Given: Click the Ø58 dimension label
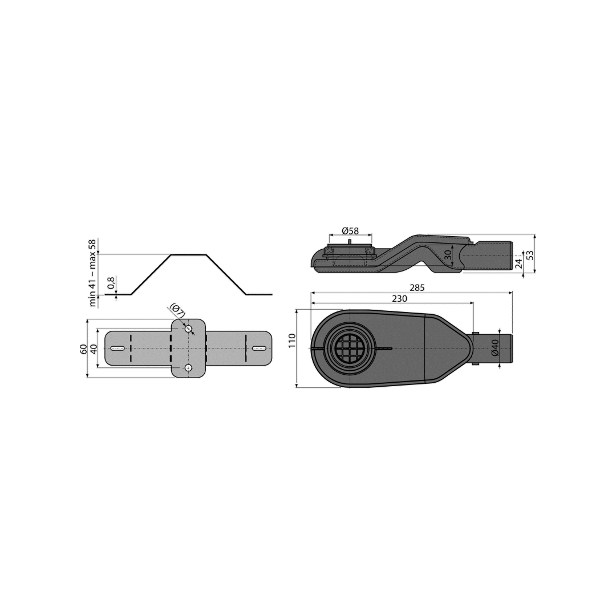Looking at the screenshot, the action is (x=350, y=230).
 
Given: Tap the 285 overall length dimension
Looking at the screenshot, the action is (x=417, y=288).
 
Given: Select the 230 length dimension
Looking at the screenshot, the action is (x=399, y=299).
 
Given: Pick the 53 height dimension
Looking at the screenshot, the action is (x=530, y=255).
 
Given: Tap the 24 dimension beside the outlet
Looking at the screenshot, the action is (x=518, y=263).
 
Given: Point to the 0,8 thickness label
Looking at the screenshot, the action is (x=111, y=283).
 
